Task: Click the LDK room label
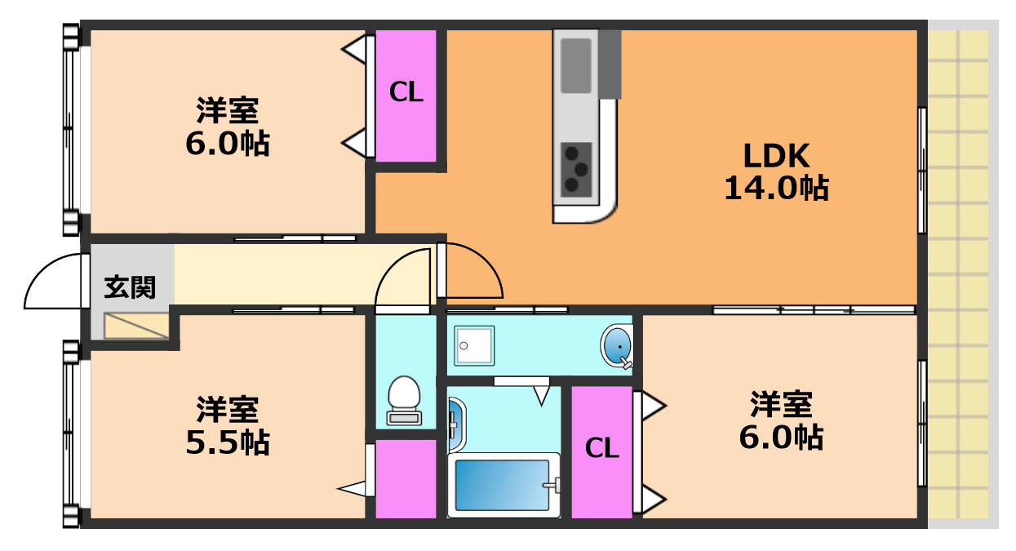pyautogui.click(x=775, y=155)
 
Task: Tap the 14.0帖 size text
pyautogui.click(x=776, y=189)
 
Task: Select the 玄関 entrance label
pyautogui.click(x=130, y=287)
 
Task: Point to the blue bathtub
pyautogui.click(x=502, y=485)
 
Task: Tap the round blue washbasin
pyautogui.click(x=618, y=346)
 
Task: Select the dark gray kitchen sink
pyautogui.click(x=576, y=65)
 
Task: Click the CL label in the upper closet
pyautogui.click(x=406, y=93)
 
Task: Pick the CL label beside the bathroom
pyautogui.click(x=602, y=448)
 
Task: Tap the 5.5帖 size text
pyautogui.click(x=228, y=442)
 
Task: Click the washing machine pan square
pyautogui.click(x=474, y=345)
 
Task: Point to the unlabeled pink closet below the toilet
pyautogui.click(x=406, y=478)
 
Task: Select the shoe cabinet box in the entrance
pyautogui.click(x=135, y=326)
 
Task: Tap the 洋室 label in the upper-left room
pyautogui.click(x=228, y=110)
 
